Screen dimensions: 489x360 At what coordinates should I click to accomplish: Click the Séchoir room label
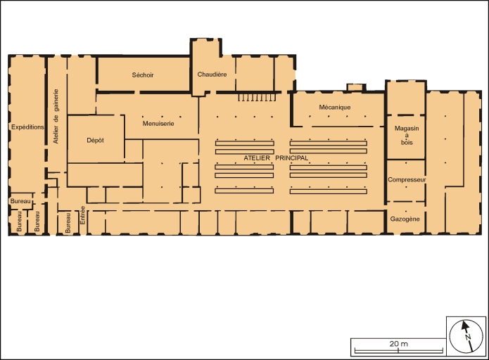143,75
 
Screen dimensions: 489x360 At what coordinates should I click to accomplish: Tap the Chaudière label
212,75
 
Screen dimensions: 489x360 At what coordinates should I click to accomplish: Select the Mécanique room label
335,107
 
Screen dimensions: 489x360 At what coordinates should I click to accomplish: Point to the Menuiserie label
158,124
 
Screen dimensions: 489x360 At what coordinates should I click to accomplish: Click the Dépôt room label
95,141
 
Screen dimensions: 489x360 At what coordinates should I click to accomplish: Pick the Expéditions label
27,127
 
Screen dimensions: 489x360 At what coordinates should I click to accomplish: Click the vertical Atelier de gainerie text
56,116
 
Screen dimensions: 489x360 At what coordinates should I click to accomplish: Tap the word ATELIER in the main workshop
257,158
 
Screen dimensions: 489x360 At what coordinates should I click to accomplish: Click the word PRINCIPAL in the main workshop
291,158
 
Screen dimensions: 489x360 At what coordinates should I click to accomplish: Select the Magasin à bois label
407,135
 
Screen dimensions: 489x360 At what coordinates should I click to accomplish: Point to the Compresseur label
407,180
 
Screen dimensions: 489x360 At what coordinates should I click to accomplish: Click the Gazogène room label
405,219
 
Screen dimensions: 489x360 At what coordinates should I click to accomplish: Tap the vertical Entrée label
82,215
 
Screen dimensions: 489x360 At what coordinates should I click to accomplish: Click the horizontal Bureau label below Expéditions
20,201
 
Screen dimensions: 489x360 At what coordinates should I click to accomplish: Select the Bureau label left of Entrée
68,223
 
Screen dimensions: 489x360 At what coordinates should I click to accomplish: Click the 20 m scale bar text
398,344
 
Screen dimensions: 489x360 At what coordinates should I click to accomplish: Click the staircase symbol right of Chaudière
257,97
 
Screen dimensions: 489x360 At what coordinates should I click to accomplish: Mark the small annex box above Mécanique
356,88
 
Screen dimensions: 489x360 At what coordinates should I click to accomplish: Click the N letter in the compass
468,337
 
